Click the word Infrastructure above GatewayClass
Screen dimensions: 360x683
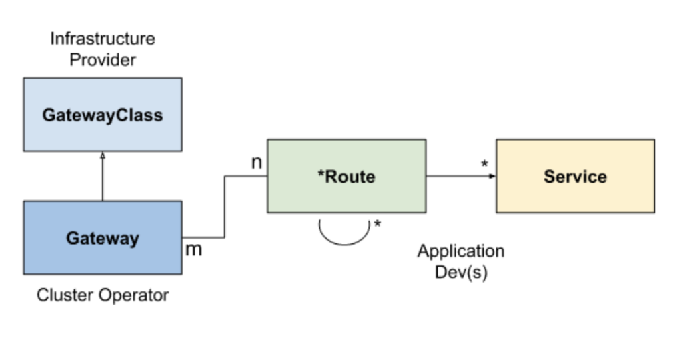tap(103, 39)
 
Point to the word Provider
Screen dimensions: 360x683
tap(103, 60)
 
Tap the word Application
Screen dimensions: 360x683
tap(461, 251)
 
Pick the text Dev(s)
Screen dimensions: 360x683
tap(461, 273)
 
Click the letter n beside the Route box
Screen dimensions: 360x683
tap(256, 162)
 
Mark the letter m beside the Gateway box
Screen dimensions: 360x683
tap(193, 250)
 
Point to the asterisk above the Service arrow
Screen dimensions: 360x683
tap(484, 164)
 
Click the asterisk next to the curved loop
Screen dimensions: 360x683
tap(378, 225)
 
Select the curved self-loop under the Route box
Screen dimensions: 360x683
tap(344, 237)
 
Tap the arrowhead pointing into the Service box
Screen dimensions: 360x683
tap(492, 176)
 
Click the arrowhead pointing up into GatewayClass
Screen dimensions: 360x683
tap(103, 155)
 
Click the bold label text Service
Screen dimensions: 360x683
tap(575, 177)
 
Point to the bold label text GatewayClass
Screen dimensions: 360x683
tap(102, 115)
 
